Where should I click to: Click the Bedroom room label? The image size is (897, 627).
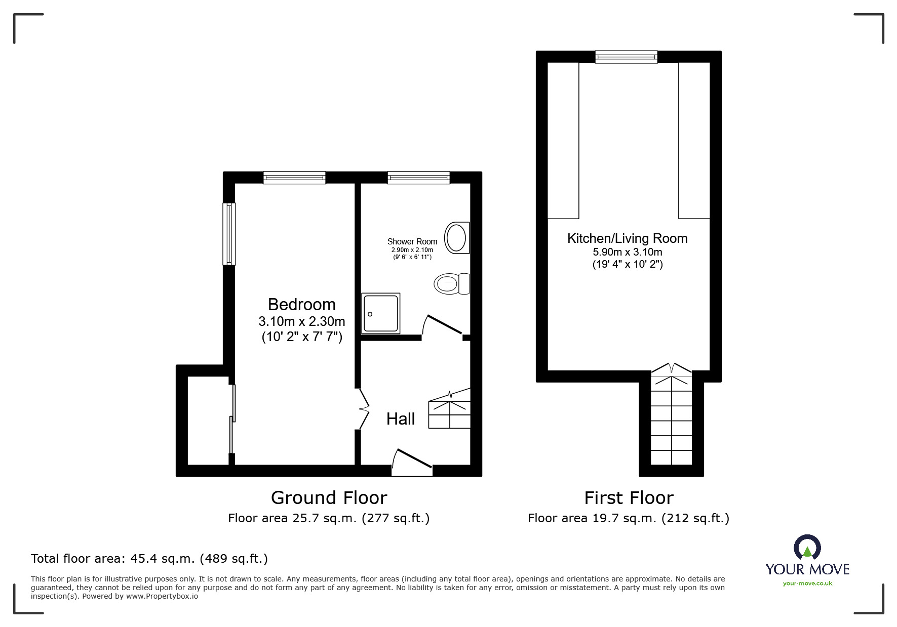(x=301, y=305)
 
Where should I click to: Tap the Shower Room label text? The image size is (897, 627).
(x=412, y=242)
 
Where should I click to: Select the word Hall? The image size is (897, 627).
(x=400, y=419)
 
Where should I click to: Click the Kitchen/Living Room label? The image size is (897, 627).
(x=627, y=238)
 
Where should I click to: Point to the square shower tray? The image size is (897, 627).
(x=381, y=314)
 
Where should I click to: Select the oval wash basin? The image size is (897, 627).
(x=456, y=238)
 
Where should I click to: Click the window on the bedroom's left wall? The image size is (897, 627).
(x=229, y=234)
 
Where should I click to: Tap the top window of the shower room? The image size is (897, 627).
(x=418, y=177)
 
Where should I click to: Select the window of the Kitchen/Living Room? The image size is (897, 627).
(x=626, y=57)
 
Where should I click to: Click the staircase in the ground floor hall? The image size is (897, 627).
(x=449, y=410)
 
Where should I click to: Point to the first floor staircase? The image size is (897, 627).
(x=671, y=420)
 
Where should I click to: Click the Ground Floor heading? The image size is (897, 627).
(x=329, y=498)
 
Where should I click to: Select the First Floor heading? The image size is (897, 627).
(x=628, y=498)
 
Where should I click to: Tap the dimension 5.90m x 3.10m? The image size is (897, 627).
(x=627, y=252)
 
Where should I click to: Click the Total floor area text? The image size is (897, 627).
(x=149, y=559)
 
